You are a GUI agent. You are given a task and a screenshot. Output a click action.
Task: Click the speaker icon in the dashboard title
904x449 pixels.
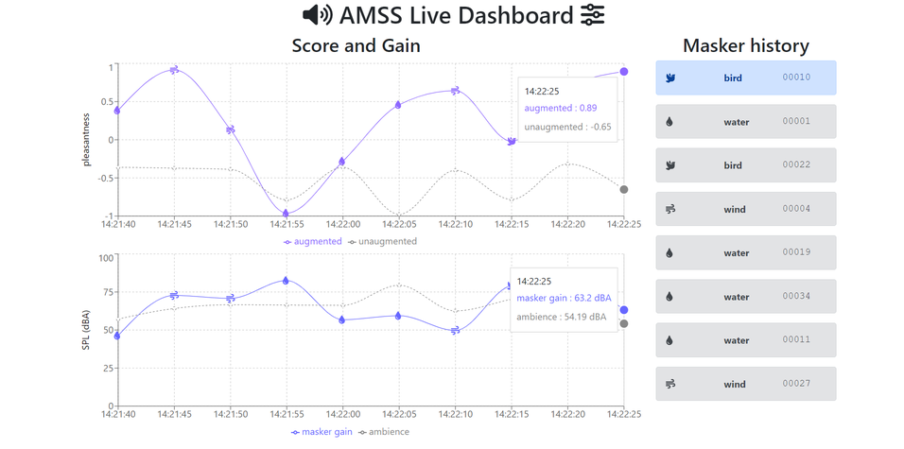[x=317, y=15]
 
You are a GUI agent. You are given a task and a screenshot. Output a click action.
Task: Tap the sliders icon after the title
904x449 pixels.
[x=592, y=15]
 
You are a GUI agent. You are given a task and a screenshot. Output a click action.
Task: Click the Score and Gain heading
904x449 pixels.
[x=356, y=45]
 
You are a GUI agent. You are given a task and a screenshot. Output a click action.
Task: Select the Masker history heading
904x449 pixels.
[x=745, y=45]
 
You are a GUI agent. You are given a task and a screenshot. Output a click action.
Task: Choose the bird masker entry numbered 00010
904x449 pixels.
[x=745, y=78]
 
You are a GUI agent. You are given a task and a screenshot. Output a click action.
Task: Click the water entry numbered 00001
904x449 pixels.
[x=745, y=121]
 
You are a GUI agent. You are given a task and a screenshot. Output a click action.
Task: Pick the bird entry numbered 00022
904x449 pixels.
[x=745, y=165]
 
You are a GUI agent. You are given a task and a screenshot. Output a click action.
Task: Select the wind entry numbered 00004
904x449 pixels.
[x=745, y=209]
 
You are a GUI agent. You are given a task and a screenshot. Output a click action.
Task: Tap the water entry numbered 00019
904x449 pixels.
[x=745, y=252]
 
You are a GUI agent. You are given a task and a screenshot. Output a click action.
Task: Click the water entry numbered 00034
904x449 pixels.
[x=745, y=297]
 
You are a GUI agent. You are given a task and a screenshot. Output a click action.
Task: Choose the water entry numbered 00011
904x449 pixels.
[x=745, y=340]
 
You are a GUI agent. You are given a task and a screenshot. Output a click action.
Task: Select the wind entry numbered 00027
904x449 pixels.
[x=745, y=384]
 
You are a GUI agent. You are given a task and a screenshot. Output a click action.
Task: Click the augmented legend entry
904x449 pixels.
[x=313, y=241]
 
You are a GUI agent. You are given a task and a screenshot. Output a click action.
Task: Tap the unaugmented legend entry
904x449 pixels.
[x=382, y=241]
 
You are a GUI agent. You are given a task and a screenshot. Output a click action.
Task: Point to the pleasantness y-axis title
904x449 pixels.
[x=86, y=140]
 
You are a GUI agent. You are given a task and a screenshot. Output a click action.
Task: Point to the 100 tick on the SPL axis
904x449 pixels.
[x=106, y=257]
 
